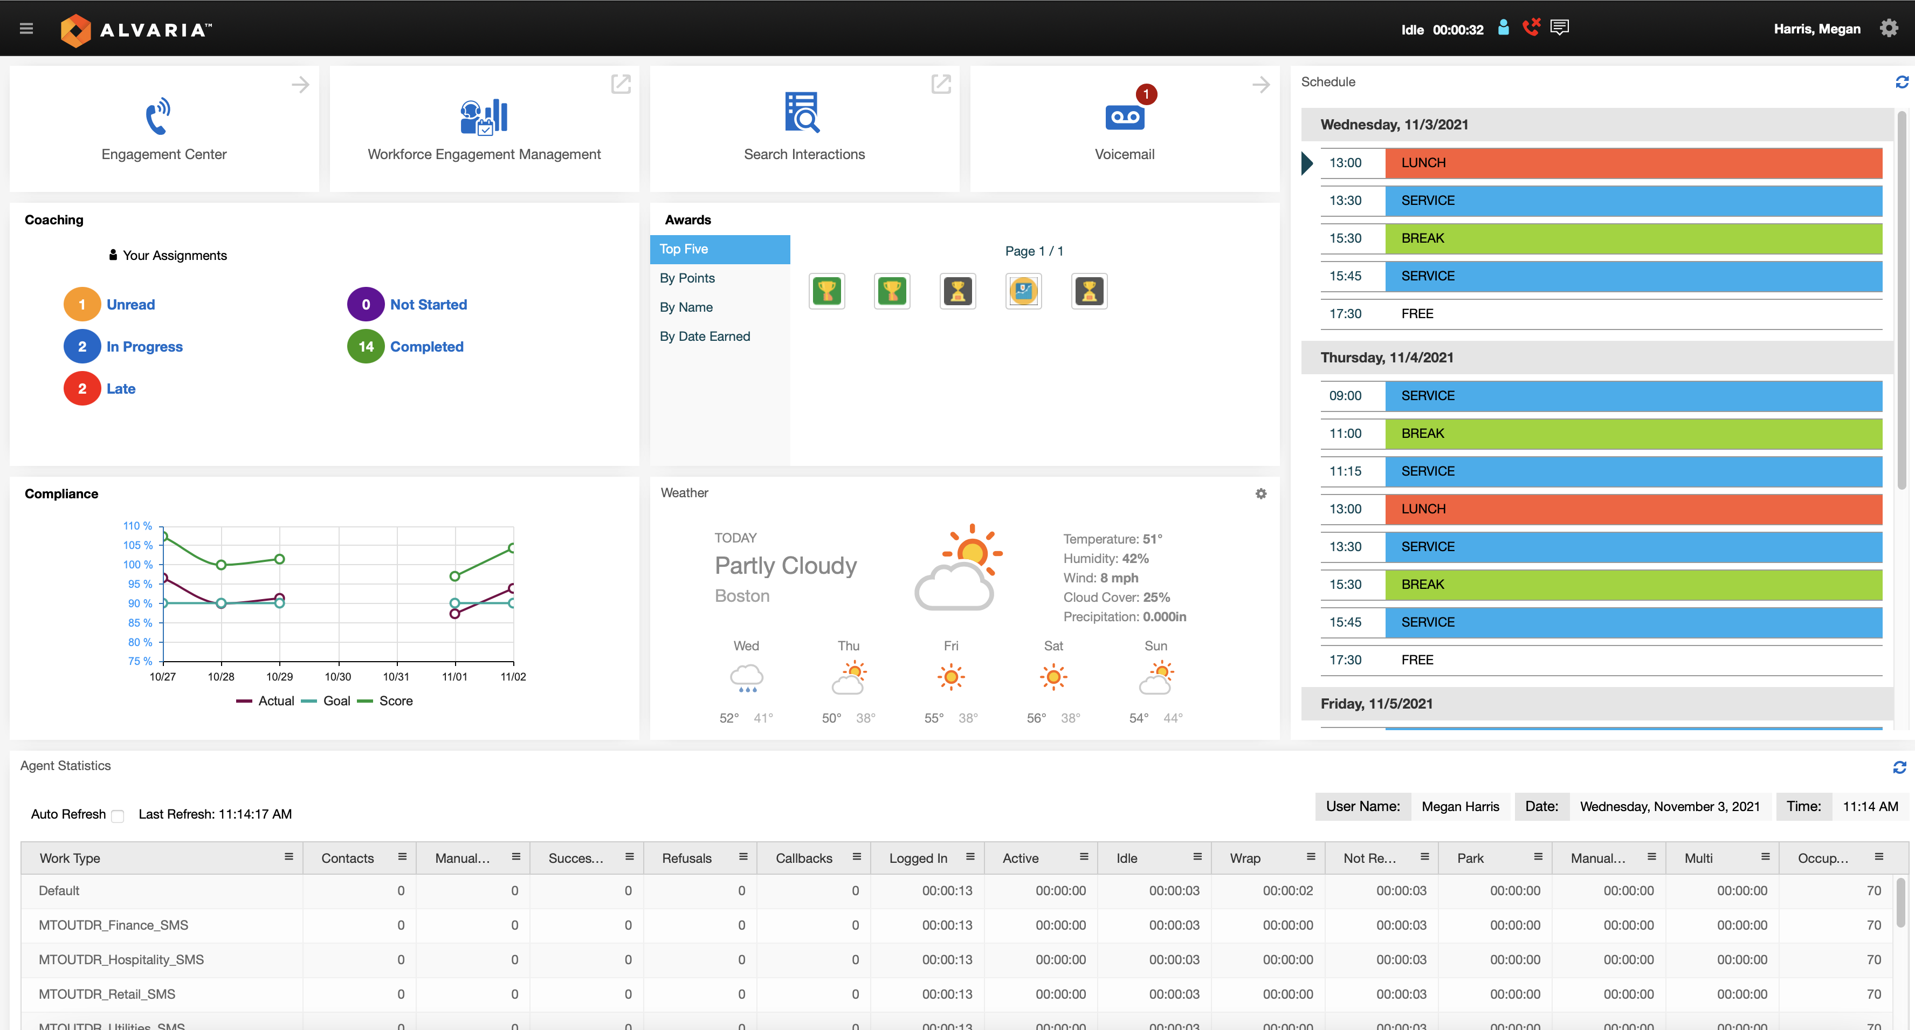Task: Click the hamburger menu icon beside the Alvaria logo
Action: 26,29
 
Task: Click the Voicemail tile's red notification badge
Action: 1146,94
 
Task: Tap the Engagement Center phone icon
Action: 157,115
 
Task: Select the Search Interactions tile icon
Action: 803,112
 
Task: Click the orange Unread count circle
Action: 82,304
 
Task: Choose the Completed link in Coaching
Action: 426,347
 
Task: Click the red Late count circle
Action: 82,388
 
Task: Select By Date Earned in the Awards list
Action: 705,336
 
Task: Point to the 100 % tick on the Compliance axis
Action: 138,565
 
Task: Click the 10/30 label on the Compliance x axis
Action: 337,677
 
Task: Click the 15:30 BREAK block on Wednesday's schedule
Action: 1632,238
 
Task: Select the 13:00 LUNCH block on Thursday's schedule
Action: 1632,509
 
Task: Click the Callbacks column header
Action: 804,857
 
